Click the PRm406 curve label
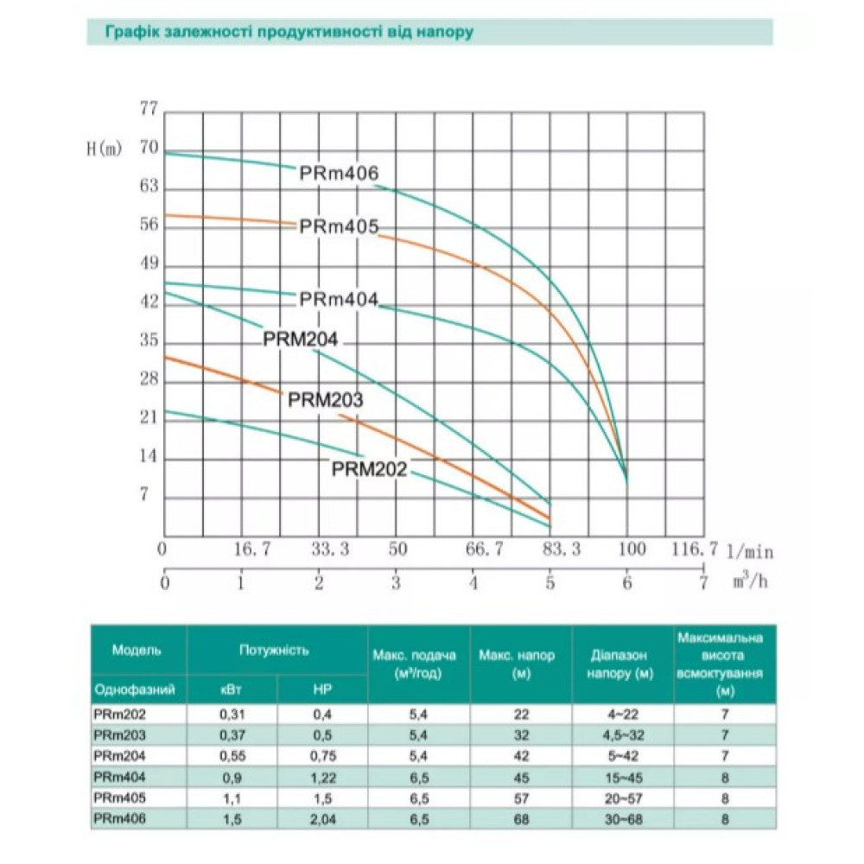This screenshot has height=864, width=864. [339, 173]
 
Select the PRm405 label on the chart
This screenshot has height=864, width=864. [339, 226]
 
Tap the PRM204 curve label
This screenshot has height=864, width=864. [301, 339]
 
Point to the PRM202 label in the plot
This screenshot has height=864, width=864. [369, 469]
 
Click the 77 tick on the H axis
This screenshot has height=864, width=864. [149, 109]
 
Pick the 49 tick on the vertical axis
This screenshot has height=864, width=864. [149, 264]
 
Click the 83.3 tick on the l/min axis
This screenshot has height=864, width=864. [561, 550]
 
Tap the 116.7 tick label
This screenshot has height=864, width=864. [695, 549]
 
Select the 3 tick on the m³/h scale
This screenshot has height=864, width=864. [396, 583]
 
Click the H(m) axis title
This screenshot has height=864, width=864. [105, 149]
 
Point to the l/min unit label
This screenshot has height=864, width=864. [750, 551]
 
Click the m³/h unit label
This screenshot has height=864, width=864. [750, 581]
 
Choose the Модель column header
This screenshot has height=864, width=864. [137, 651]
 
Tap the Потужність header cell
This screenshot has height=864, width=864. [274, 651]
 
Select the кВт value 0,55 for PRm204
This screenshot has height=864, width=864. [232, 756]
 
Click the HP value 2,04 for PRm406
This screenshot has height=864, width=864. [322, 819]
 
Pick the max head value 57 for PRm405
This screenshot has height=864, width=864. [521, 798]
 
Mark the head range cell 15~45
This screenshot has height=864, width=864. [623, 778]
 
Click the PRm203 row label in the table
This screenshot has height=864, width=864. [119, 735]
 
